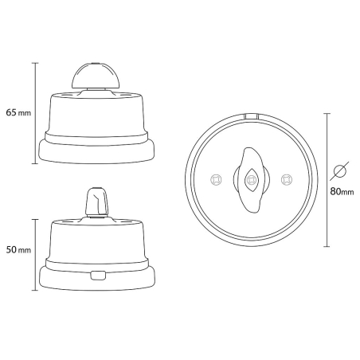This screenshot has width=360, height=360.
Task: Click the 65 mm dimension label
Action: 17,113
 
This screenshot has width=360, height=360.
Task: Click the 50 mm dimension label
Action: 17,250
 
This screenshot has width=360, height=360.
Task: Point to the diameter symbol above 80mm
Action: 340,171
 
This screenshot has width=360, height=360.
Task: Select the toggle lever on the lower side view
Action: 96,201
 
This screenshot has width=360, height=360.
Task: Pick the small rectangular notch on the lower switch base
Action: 98,276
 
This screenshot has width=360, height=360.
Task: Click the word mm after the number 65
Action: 25,113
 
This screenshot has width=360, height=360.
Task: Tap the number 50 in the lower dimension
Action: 11,250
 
